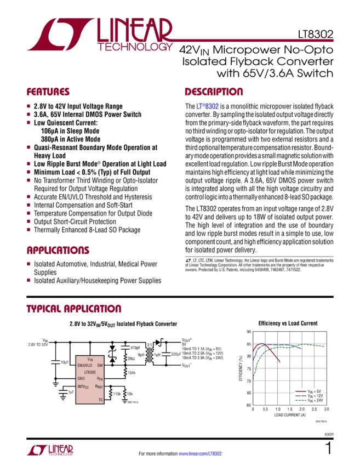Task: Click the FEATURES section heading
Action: coord(48,92)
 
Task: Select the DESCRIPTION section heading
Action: coord(213,92)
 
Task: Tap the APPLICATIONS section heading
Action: coord(59,251)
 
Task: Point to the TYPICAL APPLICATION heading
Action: coord(74,309)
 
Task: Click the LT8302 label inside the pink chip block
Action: coord(89,371)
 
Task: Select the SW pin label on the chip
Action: coord(100,364)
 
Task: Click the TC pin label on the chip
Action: coord(100,400)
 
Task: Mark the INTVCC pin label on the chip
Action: coord(83,387)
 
